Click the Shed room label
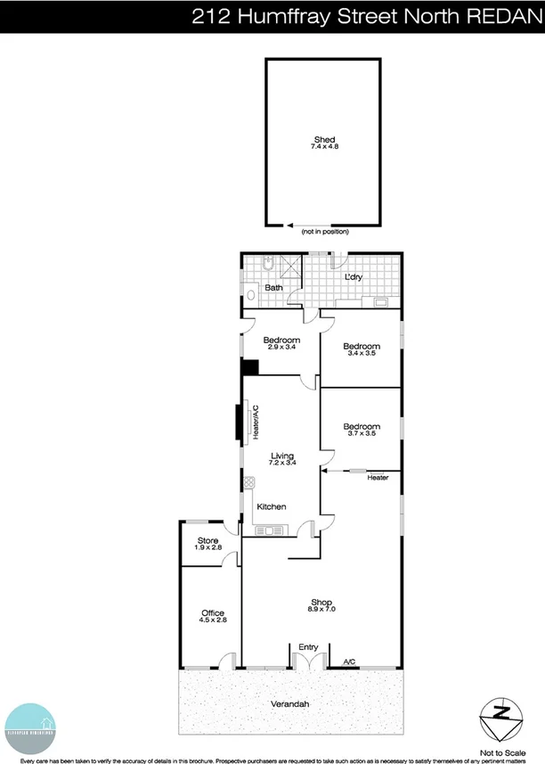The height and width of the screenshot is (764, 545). [323, 138]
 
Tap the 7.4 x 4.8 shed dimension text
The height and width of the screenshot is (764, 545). [323, 147]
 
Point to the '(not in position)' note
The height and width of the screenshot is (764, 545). [325, 232]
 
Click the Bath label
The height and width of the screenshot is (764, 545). [273, 288]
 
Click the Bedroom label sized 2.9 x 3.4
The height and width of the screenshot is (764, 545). [281, 341]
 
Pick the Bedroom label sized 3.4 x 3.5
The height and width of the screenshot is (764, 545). [362, 346]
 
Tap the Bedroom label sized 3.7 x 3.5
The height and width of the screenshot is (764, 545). [362, 426]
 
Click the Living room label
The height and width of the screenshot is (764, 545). [282, 456]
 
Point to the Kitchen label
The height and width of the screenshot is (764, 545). [272, 506]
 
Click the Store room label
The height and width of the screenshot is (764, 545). [207, 540]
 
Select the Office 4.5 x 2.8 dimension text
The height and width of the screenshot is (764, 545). [212, 621]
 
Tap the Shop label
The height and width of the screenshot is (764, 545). [321, 600]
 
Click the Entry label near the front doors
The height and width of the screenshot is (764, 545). [308, 647]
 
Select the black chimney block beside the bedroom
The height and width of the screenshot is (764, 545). [250, 367]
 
